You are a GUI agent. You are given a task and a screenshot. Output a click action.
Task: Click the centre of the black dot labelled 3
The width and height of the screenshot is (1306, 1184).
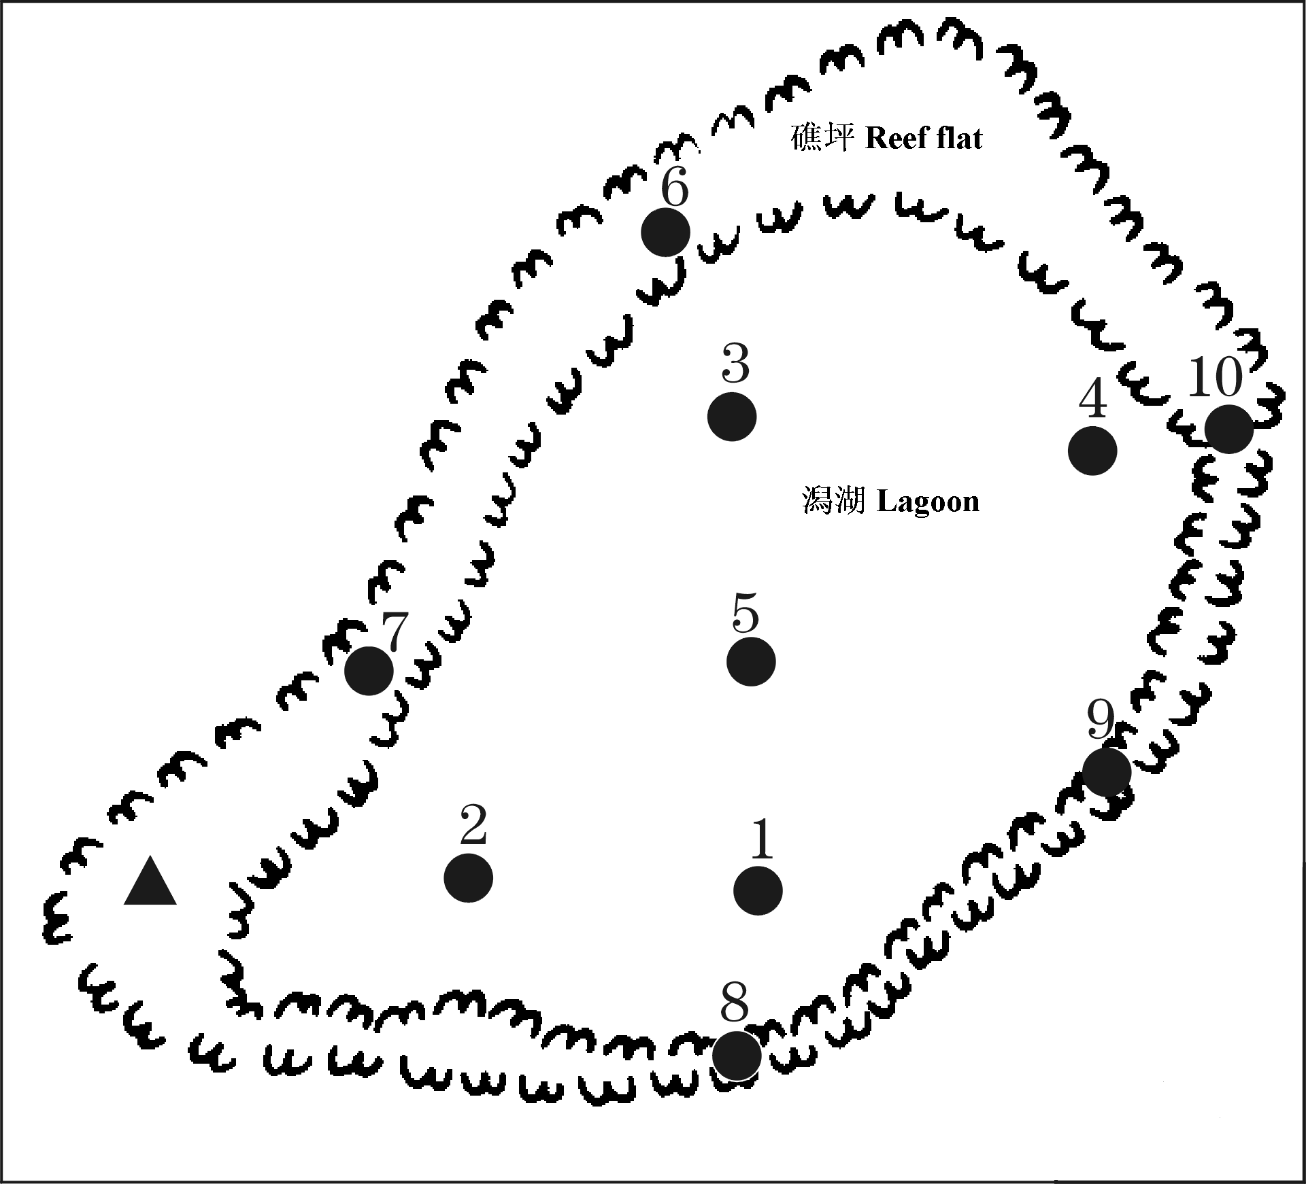click(732, 417)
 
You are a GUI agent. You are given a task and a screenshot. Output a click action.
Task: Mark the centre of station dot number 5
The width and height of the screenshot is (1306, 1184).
click(751, 661)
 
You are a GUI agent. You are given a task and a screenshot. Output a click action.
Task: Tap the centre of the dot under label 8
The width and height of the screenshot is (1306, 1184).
click(737, 1056)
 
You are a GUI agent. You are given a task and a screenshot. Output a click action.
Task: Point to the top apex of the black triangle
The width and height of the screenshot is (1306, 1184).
click(150, 856)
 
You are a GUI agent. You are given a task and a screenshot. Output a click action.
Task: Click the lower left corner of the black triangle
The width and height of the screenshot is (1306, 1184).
click(124, 904)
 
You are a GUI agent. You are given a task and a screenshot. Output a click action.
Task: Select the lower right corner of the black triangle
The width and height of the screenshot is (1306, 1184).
click(177, 904)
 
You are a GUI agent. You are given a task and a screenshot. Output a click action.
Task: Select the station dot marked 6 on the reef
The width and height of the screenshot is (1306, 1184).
click(665, 232)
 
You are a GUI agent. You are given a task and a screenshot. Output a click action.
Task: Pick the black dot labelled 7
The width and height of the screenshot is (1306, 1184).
click(369, 671)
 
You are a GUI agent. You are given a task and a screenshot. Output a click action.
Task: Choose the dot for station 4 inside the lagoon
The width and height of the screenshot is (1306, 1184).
click(1092, 451)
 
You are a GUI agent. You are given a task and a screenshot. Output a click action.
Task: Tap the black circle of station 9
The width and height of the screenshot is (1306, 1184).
click(1107, 771)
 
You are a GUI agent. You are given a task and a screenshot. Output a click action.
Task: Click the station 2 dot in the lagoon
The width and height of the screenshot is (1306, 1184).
click(468, 878)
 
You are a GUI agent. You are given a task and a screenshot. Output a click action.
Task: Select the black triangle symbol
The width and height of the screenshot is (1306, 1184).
click(150, 881)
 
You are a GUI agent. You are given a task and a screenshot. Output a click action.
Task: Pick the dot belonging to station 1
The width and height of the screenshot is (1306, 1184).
click(758, 890)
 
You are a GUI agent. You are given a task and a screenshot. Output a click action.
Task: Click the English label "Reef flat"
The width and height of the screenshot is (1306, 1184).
click(924, 139)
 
